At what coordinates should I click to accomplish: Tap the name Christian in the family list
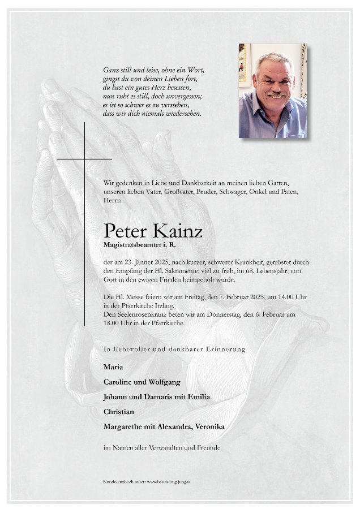119,411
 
